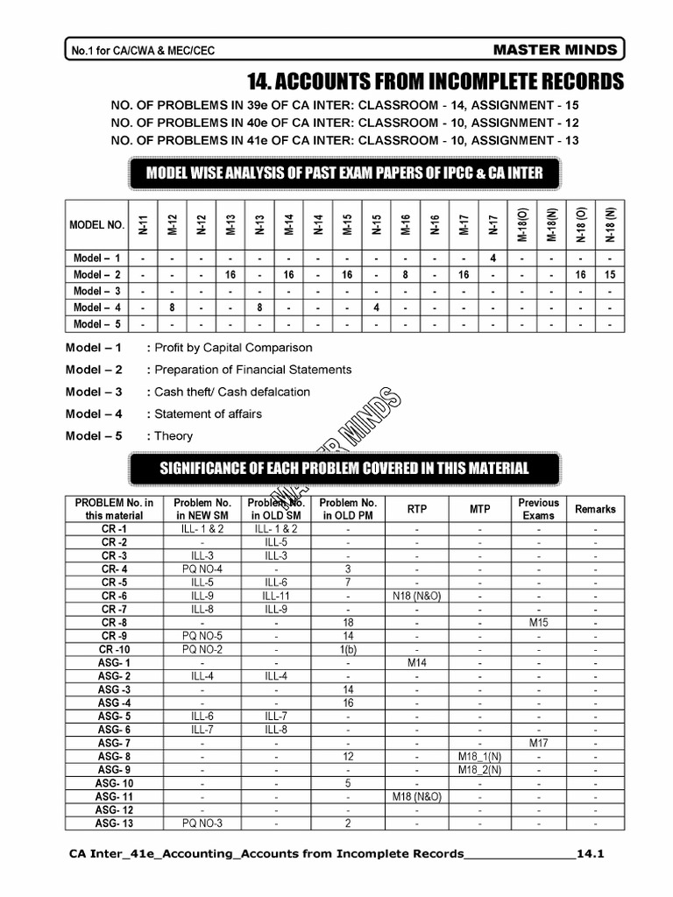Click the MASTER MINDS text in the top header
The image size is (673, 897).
pos(567,50)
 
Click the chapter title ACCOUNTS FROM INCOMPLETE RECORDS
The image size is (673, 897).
pos(436,82)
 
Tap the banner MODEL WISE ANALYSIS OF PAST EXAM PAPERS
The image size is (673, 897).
pos(344,173)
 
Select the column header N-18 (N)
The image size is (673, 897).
pos(610,224)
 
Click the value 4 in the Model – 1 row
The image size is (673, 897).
pos(493,258)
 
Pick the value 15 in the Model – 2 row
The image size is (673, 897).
pos(610,274)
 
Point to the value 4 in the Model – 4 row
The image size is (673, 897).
pos(376,307)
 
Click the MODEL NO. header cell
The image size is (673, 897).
pos(96,225)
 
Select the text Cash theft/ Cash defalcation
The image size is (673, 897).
pos(232,392)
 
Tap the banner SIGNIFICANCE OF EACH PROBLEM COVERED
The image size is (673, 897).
pos(344,467)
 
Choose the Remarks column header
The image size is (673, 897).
pos(595,509)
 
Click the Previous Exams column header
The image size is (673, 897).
pos(538,509)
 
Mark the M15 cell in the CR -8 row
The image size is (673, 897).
pos(538,622)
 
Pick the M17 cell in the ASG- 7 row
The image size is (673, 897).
pos(538,743)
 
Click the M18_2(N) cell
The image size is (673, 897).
pos(480,770)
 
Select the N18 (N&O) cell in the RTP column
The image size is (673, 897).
pos(417,596)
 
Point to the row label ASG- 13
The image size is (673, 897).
pos(114,823)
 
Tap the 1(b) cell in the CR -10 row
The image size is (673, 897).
pos(348,649)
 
